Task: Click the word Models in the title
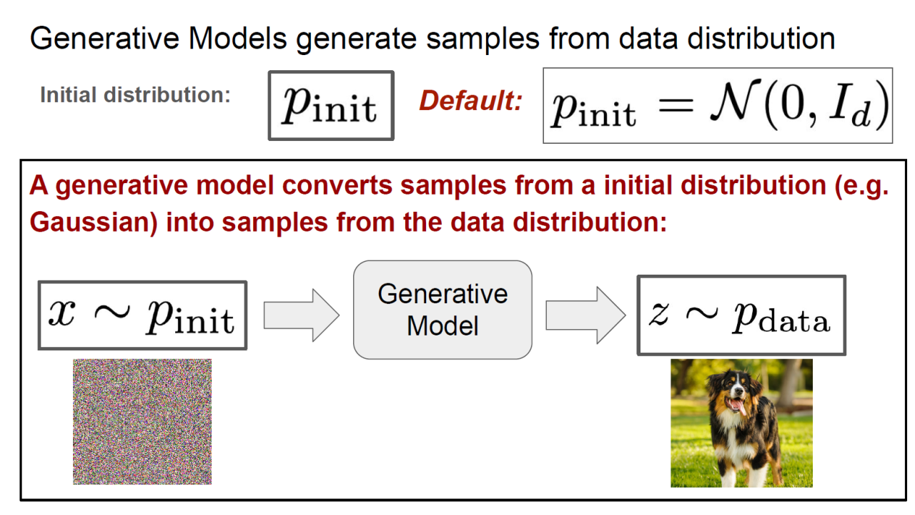click(237, 39)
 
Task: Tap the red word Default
click(470, 101)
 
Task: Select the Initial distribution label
click(135, 95)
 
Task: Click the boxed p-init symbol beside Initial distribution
click(331, 105)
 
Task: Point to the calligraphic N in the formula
click(734, 102)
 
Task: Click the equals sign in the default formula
click(676, 107)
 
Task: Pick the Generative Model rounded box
click(442, 310)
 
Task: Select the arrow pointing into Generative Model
click(302, 315)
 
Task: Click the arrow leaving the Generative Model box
click(585, 315)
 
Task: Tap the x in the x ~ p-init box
click(61, 313)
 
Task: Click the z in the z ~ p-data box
click(659, 313)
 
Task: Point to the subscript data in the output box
click(794, 322)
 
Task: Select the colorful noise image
click(142, 421)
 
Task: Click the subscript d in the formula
click(861, 117)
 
